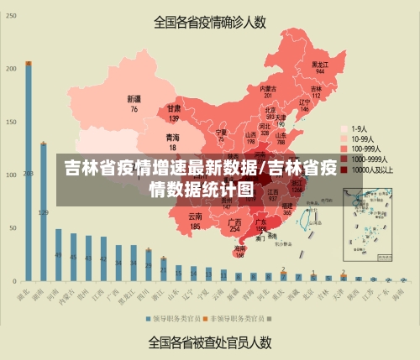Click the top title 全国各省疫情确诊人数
tap(209, 23)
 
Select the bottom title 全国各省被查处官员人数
tap(209, 342)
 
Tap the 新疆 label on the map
tap(134, 103)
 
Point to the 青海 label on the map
tap(172, 140)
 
